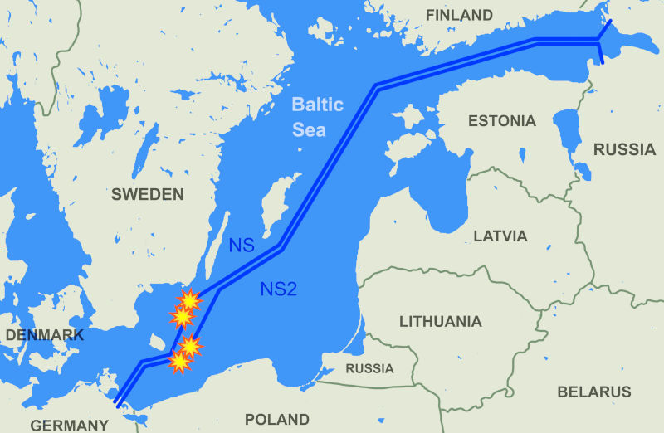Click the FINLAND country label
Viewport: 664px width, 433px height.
pyautogui.click(x=458, y=15)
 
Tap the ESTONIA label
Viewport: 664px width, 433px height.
pyautogui.click(x=501, y=121)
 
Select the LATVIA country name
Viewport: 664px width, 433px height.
pyautogui.click(x=500, y=236)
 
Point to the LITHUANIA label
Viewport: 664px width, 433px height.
pyautogui.click(x=440, y=321)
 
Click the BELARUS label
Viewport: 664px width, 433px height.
pyautogui.click(x=594, y=392)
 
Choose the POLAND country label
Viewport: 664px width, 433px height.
pyautogui.click(x=276, y=420)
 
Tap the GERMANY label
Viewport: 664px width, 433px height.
pyautogui.click(x=70, y=426)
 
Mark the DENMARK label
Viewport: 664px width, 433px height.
pyautogui.click(x=44, y=335)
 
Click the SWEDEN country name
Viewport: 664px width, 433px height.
pyautogui.click(x=147, y=194)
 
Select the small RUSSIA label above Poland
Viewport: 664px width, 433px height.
pyautogui.click(x=369, y=368)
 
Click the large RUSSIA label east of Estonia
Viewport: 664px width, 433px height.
pyautogui.click(x=625, y=149)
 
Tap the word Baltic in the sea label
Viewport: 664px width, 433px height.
pyautogui.click(x=317, y=105)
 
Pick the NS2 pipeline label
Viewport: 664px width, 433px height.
pyautogui.click(x=279, y=289)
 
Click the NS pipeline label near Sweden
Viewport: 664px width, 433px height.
pyautogui.click(x=242, y=246)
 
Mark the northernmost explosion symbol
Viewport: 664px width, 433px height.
pyautogui.click(x=190, y=299)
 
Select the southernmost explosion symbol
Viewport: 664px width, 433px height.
pyautogui.click(x=179, y=361)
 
